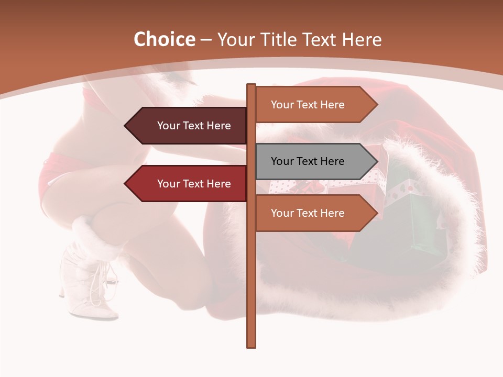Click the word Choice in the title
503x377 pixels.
[x=164, y=40]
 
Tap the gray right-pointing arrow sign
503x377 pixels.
[x=309, y=161]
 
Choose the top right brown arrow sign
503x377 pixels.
[x=309, y=105]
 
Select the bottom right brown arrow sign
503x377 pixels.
[x=309, y=213]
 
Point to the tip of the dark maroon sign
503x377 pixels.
[x=126, y=126]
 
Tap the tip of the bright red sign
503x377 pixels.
[x=126, y=184]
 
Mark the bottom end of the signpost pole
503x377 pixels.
[x=251, y=346]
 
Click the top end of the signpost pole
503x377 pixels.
[x=251, y=85]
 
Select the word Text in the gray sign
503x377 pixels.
[x=309, y=161]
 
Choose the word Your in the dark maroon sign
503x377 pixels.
[x=168, y=126]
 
